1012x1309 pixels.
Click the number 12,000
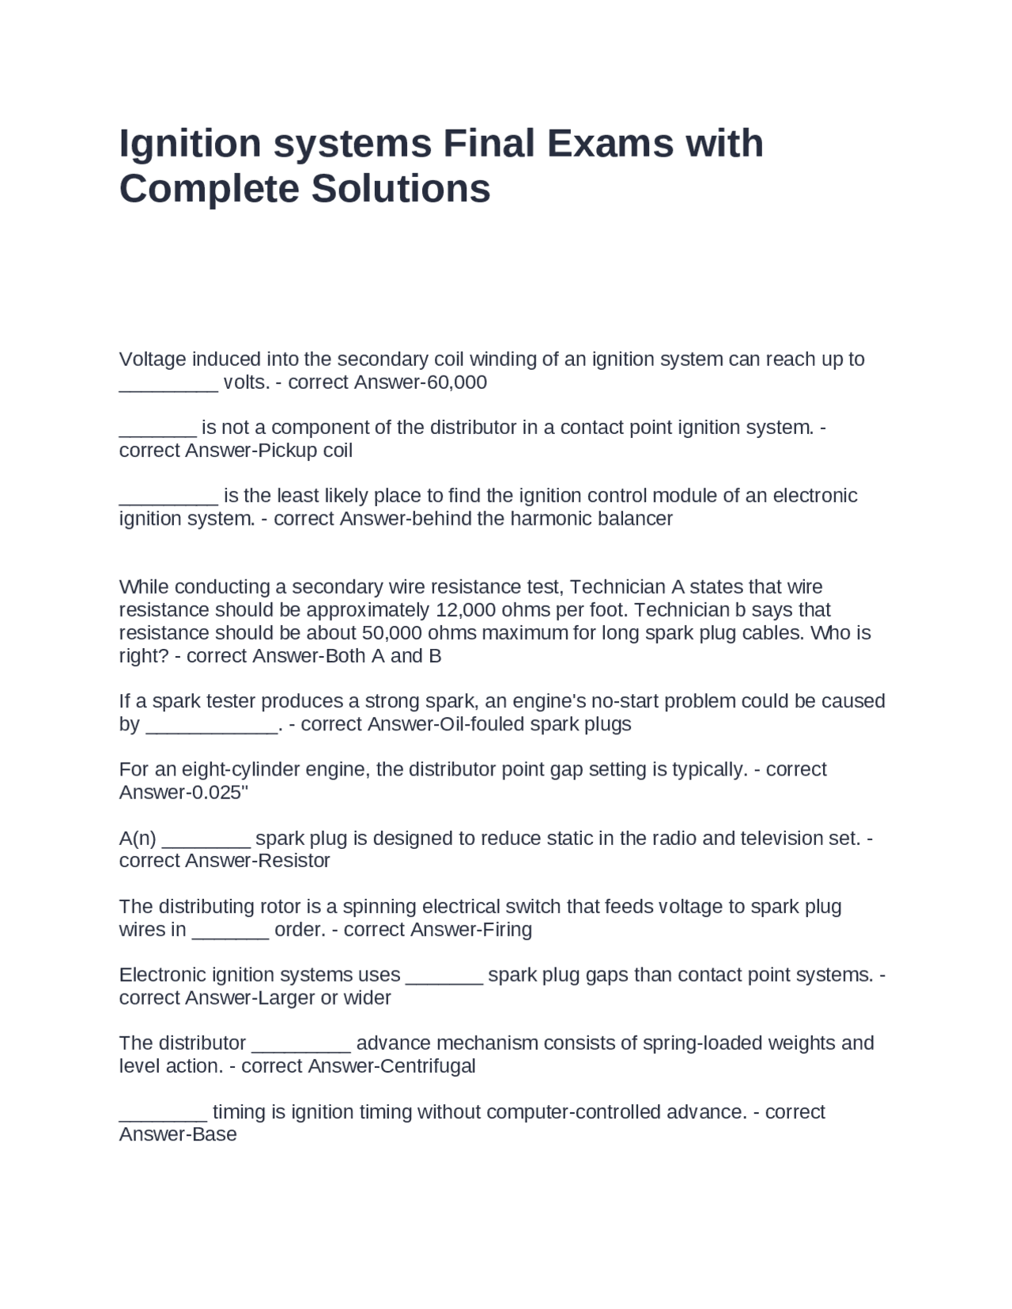coord(464,610)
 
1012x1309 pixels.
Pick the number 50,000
coord(390,633)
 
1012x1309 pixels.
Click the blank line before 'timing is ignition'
coord(163,1112)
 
